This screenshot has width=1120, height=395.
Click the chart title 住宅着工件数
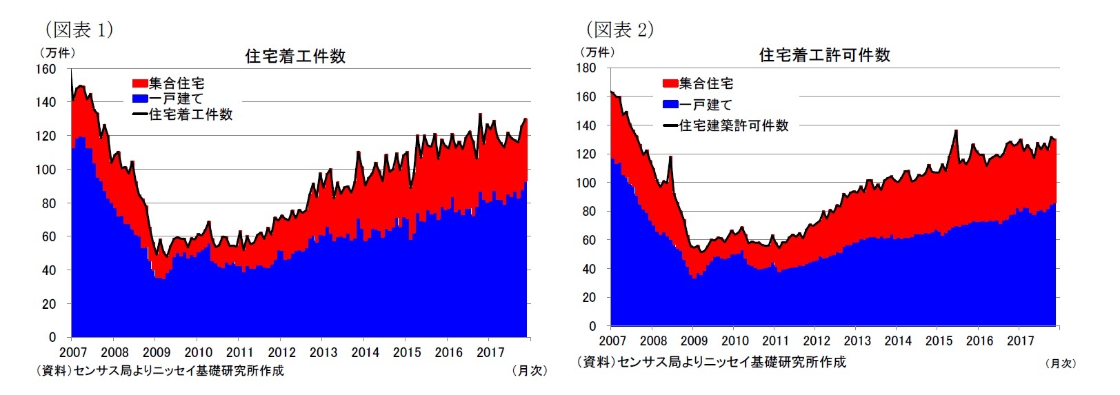click(x=295, y=57)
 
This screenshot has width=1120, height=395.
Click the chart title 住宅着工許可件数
click(x=824, y=55)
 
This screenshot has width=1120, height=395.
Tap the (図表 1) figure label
click(x=79, y=30)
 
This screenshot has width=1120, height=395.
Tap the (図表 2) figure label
click(x=619, y=30)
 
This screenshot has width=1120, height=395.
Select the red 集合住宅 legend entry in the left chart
click(x=169, y=83)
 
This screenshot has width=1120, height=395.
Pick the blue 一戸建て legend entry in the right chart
click(x=698, y=105)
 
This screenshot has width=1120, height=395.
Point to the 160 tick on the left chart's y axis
click(x=46, y=69)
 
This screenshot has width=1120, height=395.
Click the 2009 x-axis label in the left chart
click(x=157, y=352)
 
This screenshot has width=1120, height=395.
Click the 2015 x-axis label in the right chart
click(x=939, y=341)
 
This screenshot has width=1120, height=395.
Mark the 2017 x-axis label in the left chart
click(x=490, y=352)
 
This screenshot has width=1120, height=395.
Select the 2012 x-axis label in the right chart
click(x=817, y=341)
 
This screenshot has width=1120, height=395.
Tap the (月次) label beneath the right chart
click(x=1060, y=363)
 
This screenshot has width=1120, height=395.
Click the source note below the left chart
click(x=160, y=371)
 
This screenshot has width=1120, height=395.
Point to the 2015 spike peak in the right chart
click(x=956, y=130)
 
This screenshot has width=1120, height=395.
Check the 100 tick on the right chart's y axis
click(x=586, y=183)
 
